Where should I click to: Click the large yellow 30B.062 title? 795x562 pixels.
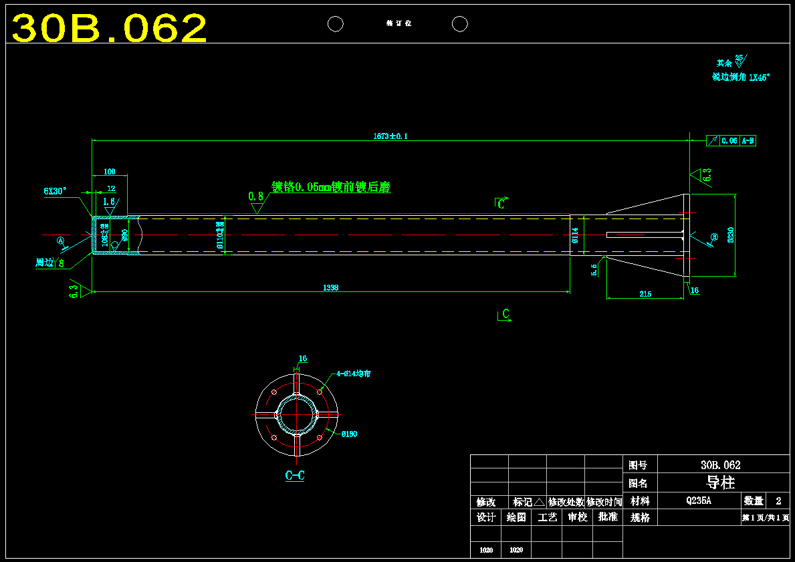110,28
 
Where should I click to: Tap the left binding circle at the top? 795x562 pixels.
335,24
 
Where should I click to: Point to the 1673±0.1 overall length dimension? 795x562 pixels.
390,136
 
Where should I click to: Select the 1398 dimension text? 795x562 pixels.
331,287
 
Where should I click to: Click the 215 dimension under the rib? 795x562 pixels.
645,294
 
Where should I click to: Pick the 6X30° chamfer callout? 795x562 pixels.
55,191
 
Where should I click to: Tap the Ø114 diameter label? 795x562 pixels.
574,235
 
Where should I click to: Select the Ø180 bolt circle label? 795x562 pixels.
349,434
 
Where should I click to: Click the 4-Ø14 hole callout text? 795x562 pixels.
353,374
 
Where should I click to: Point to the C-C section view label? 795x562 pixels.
295,476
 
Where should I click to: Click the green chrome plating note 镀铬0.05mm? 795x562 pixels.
330,188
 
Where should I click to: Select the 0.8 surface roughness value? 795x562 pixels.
255,196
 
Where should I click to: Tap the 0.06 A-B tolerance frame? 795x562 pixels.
731,141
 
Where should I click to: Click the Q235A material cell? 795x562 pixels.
699,501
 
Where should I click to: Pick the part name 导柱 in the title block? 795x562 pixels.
720,482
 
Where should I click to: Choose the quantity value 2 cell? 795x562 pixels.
778,501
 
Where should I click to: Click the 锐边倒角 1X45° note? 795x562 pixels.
741,78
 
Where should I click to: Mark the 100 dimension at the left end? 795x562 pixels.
109,172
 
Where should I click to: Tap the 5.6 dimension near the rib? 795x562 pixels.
594,269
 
